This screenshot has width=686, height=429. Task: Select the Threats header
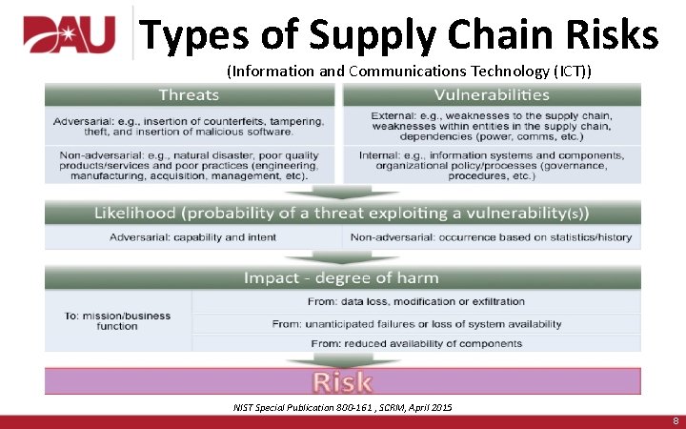[x=189, y=94]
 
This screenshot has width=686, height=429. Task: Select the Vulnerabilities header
[x=492, y=94]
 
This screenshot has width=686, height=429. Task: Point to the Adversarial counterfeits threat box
[x=189, y=127]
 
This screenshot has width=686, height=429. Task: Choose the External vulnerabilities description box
[x=492, y=127]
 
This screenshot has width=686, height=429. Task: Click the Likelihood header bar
[x=342, y=214]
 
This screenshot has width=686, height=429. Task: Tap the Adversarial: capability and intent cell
[x=192, y=237]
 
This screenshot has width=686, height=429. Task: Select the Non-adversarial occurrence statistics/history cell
[x=491, y=237]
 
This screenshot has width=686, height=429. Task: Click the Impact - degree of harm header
[x=342, y=277]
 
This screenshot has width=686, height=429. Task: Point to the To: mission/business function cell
[x=117, y=320]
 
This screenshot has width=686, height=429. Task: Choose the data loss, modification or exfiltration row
[x=416, y=301]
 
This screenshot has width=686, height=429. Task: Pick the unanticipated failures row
[x=416, y=324]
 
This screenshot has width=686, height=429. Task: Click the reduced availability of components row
[x=416, y=343]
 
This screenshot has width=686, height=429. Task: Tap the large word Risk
[x=342, y=381]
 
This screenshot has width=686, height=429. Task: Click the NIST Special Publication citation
[x=343, y=408]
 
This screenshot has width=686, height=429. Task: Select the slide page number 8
[x=675, y=420]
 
